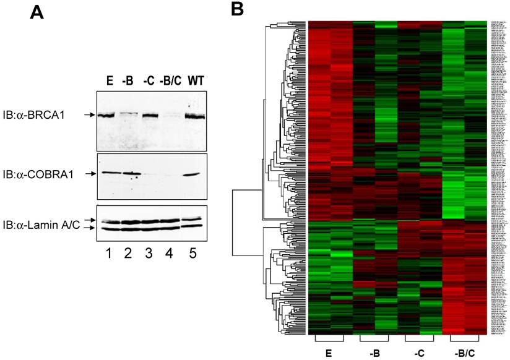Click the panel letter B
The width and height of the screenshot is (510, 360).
tap(240, 11)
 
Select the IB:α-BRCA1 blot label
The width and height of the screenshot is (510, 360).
tap(36, 115)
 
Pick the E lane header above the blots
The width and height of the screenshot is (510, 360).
tap(110, 81)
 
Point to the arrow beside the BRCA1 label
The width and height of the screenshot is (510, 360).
tap(89, 115)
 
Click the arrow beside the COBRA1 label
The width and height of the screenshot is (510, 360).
tap(89, 174)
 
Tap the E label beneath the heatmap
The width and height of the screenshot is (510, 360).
tap(329, 354)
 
